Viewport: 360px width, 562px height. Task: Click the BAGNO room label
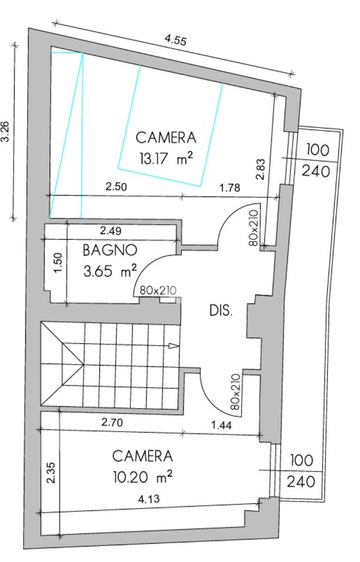110,250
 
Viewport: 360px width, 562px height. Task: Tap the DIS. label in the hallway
221,311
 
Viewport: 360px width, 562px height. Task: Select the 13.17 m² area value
166,158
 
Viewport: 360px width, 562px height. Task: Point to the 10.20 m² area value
142,477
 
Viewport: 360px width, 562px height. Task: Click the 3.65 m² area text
110,271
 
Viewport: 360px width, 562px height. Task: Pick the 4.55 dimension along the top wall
175,40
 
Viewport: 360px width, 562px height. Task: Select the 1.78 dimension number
230,187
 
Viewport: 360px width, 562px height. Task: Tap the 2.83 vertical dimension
261,169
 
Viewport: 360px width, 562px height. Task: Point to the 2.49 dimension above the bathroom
111,231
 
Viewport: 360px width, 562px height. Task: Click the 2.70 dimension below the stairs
112,423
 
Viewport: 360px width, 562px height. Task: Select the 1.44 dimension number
221,425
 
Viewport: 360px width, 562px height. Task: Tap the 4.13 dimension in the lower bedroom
149,499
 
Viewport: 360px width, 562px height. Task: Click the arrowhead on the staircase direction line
174,346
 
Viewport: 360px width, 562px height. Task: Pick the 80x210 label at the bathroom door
158,290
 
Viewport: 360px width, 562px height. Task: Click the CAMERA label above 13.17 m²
166,137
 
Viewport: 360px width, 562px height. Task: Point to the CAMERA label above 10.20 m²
142,456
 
